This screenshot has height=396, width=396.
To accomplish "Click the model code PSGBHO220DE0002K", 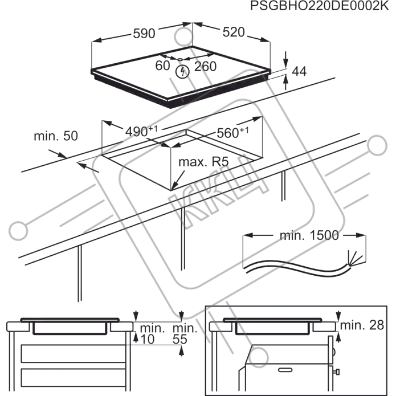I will (x=322, y=7).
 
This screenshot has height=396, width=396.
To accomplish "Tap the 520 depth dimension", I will (x=233, y=32).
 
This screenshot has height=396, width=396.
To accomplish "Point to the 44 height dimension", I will (x=299, y=71).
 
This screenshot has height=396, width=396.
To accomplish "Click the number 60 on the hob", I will (x=162, y=66).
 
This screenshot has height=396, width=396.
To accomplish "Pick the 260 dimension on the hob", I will (x=205, y=66).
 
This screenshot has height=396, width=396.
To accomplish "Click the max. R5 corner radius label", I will (x=203, y=162).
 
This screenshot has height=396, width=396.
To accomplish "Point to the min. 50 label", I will (x=55, y=136).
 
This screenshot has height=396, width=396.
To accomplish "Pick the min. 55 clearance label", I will (x=185, y=334).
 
